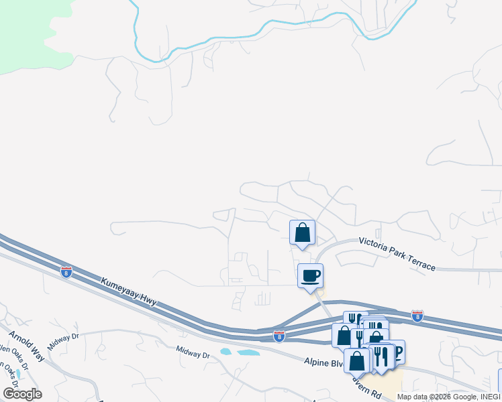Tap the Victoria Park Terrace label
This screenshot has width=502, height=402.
coord(397,253)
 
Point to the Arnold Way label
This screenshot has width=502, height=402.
coord(27,346)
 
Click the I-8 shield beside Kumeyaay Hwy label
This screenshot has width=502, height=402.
coord(66,272)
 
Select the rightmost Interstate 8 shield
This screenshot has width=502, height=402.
coord(417,316)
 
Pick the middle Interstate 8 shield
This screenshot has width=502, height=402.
coord(279,336)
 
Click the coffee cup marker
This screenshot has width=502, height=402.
coord(310,276)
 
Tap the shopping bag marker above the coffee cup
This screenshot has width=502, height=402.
coord(302,233)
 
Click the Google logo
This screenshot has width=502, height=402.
coord(22,394)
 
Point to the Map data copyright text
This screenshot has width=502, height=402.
coord(448,397)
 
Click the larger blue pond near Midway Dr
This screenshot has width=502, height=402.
coord(248,352)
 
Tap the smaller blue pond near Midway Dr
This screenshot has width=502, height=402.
coord(225,351)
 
